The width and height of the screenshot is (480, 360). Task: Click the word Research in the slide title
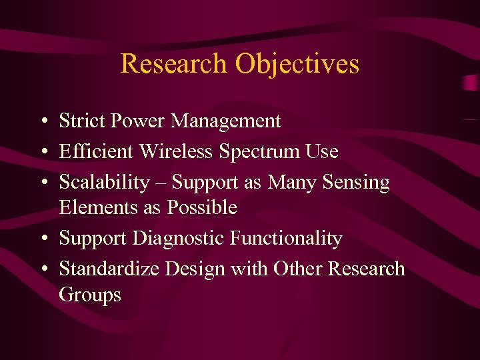[x=174, y=64]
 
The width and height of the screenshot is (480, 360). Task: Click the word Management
[x=226, y=121]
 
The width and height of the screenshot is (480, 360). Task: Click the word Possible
[x=202, y=208]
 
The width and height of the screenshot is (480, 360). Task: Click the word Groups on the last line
[x=90, y=295]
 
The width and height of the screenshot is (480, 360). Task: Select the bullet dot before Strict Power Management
[x=42, y=122]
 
